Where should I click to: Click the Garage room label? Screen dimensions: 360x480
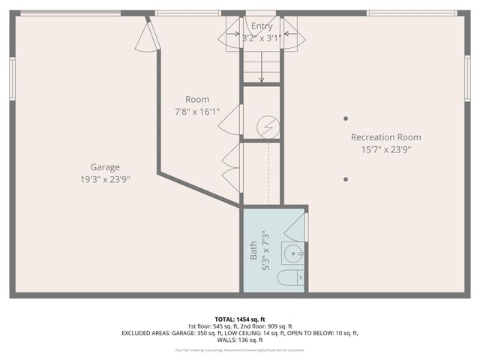[x=105, y=167]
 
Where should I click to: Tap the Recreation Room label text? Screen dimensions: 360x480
[x=385, y=137]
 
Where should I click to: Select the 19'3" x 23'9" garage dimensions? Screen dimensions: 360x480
[x=105, y=179]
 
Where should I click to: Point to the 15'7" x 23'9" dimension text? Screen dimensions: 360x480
[x=385, y=149]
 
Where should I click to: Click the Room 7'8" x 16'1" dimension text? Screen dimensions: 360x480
[x=197, y=112]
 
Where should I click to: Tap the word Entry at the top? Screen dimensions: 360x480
[x=262, y=26]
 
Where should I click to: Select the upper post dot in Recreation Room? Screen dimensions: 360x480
[x=346, y=118]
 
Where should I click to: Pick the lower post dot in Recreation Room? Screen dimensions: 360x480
[x=346, y=179]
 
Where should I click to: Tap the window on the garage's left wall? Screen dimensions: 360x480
[x=13, y=78]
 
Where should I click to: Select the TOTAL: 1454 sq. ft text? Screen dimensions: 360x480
[x=240, y=319]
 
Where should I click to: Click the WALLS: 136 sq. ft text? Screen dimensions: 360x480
[x=240, y=340]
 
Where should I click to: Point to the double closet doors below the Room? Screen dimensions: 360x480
[x=231, y=166]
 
